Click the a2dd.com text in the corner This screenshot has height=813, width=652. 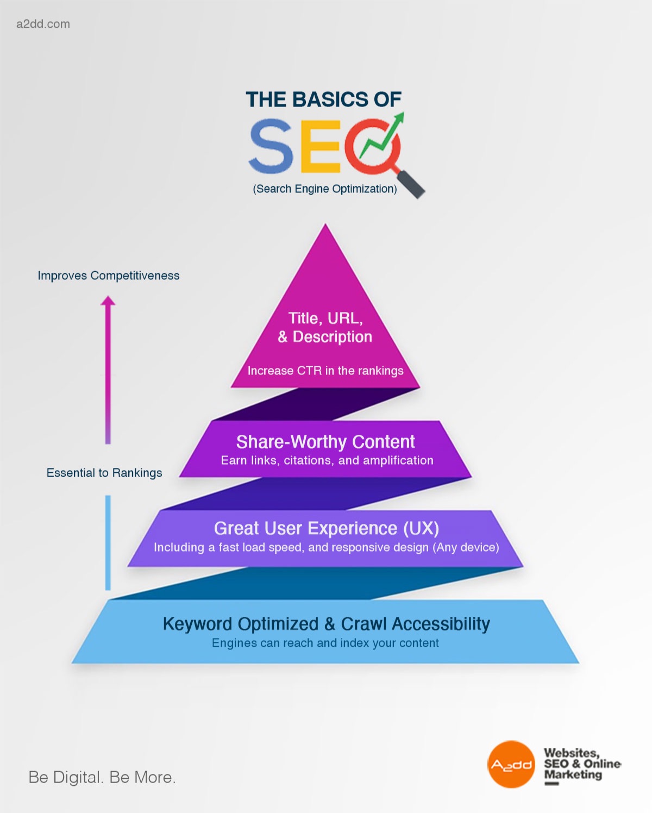pyautogui.click(x=43, y=24)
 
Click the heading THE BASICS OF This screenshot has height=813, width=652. pyautogui.click(x=323, y=99)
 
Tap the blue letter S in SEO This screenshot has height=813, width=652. pyautogui.click(x=272, y=146)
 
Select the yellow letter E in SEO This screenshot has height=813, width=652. pyautogui.click(x=320, y=146)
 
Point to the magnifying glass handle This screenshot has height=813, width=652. pyautogui.click(x=411, y=184)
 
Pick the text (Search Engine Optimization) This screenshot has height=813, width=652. pyautogui.click(x=325, y=189)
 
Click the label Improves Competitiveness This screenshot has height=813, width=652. pyautogui.click(x=108, y=276)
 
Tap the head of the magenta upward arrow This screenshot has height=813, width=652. pyautogui.click(x=108, y=301)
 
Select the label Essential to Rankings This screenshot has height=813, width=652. pyautogui.click(x=104, y=473)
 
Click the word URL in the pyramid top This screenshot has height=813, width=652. pyautogui.click(x=344, y=318)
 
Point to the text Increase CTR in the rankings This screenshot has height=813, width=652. pyautogui.click(x=325, y=371)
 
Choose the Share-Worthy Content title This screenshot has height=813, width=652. pyautogui.click(x=325, y=441)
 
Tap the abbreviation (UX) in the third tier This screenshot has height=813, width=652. pyautogui.click(x=421, y=528)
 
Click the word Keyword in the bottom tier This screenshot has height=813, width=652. pyautogui.click(x=197, y=624)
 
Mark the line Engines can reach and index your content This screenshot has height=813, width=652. pyautogui.click(x=325, y=643)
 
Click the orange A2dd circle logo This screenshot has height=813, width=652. pyautogui.click(x=511, y=764)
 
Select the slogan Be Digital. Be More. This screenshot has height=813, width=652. pyautogui.click(x=102, y=777)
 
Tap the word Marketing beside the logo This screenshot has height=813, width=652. pyautogui.click(x=573, y=774)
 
